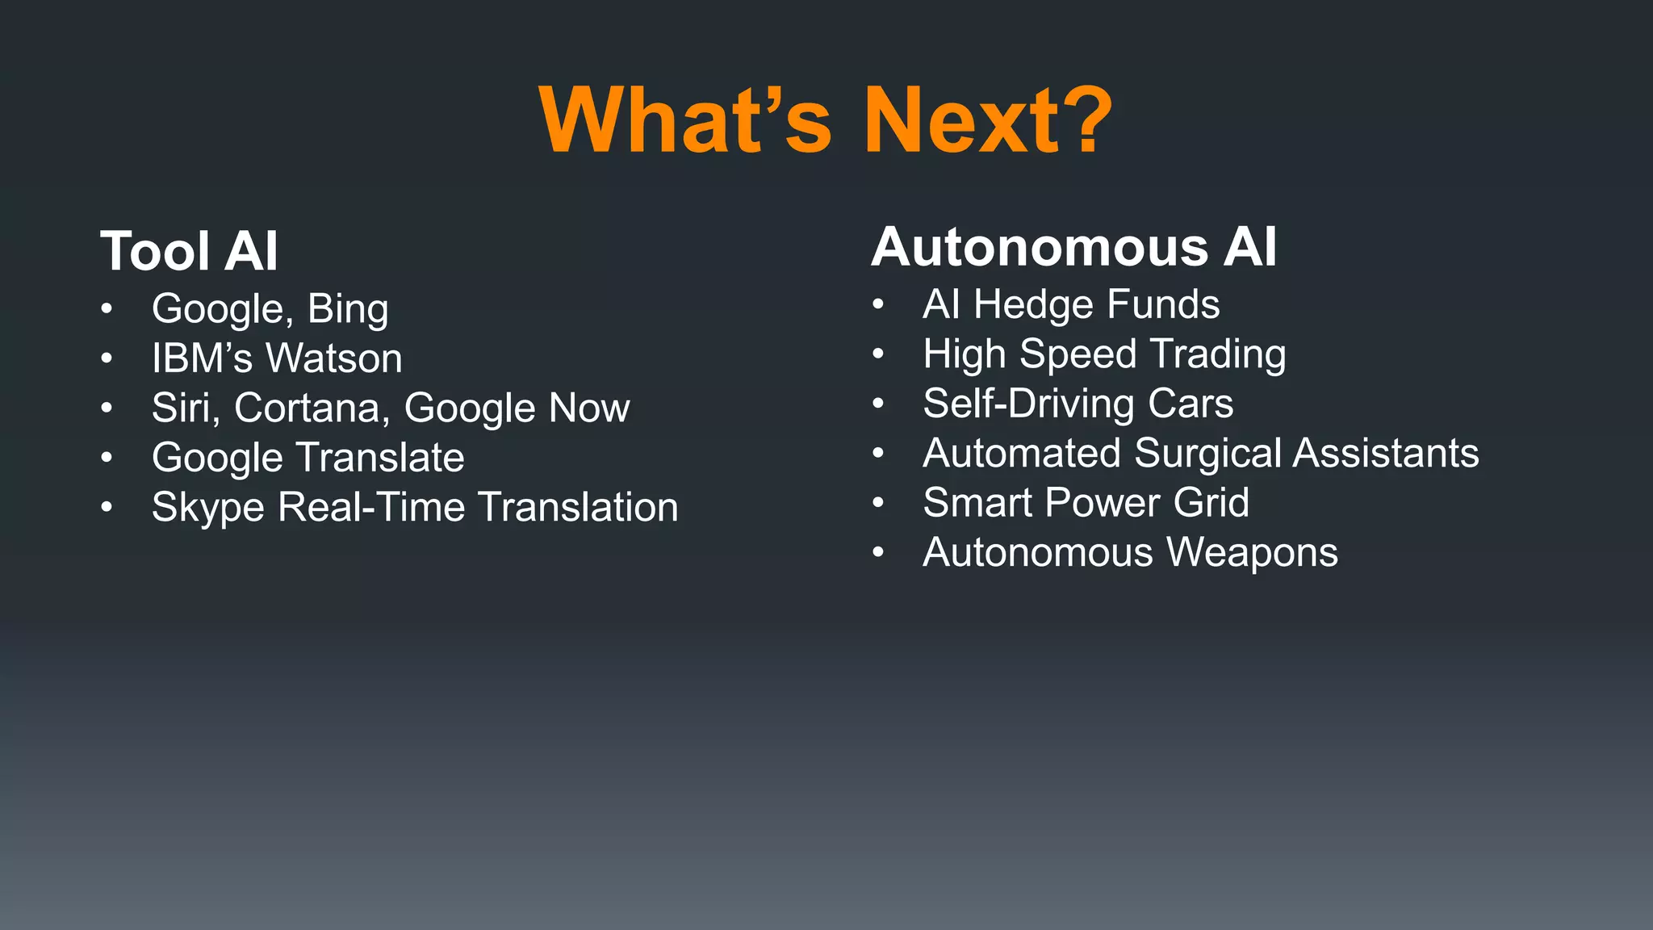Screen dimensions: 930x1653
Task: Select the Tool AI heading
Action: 189,251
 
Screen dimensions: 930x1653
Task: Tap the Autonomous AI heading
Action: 1073,246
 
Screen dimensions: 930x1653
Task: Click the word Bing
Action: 348,309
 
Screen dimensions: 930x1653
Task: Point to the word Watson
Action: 334,358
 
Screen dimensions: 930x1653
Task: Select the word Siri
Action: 185,408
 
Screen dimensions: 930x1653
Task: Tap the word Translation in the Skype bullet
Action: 578,508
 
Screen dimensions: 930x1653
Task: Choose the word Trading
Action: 1218,355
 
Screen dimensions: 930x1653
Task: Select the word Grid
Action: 1211,503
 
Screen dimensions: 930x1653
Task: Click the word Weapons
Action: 1252,553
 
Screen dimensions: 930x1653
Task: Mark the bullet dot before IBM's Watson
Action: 107,358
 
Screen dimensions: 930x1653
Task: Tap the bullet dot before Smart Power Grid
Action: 878,503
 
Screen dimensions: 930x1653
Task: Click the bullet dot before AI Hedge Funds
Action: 878,305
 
